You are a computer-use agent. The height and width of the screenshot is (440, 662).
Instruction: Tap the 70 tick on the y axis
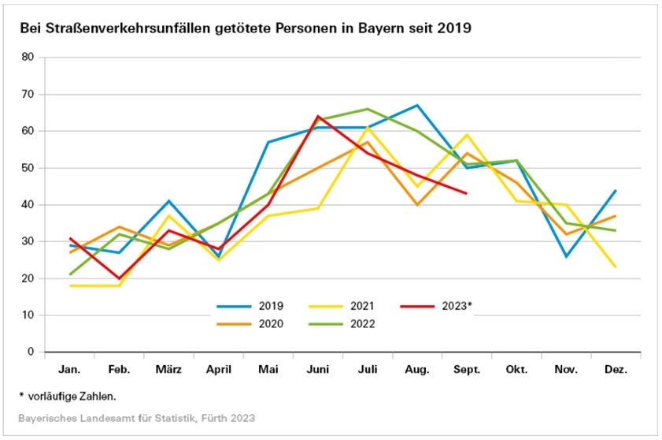coord(28,95)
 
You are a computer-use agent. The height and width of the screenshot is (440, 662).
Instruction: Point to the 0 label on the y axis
coord(31,352)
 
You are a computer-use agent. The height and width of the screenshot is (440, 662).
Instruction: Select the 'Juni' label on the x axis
coord(318,368)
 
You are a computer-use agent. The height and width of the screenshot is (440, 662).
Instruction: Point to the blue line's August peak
coord(418,105)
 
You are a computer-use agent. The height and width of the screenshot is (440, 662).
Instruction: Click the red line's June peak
coord(318,116)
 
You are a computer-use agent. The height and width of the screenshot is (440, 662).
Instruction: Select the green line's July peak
coord(368,109)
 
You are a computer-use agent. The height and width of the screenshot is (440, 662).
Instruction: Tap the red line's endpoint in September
coord(466,193)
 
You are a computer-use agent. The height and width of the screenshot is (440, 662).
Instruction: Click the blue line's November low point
coord(566,256)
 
